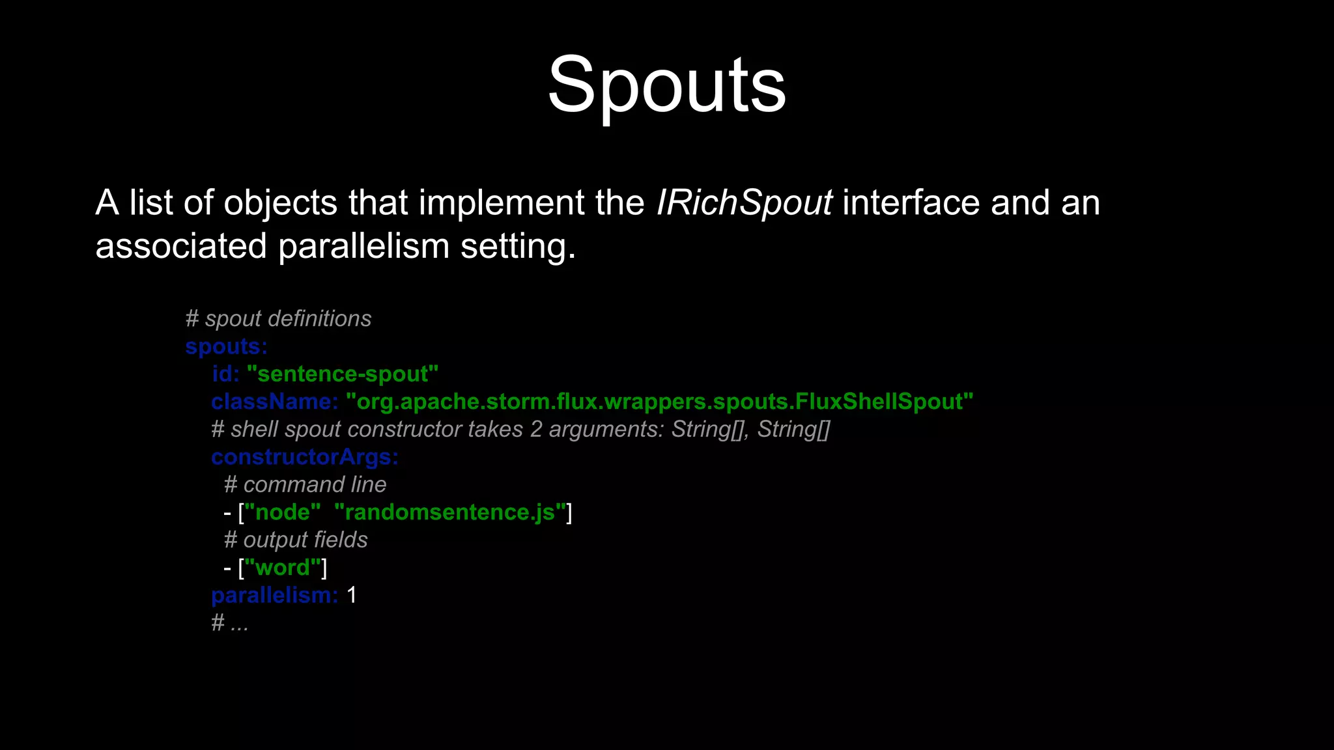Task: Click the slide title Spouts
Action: pyautogui.click(x=666, y=85)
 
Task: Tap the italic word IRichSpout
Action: pyautogui.click(x=743, y=202)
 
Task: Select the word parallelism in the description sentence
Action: pyautogui.click(x=363, y=246)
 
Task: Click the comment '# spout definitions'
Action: pyautogui.click(x=278, y=319)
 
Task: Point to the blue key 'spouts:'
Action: pyautogui.click(x=226, y=346)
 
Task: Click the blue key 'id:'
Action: pyautogui.click(x=225, y=374)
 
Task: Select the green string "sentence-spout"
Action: pyautogui.click(x=342, y=374)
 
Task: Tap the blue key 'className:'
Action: pyautogui.click(x=274, y=402)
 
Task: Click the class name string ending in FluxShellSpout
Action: pyautogui.click(x=659, y=402)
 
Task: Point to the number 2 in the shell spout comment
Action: pyautogui.click(x=535, y=430)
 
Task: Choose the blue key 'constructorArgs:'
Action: pyautogui.click(x=304, y=457)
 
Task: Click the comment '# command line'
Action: pyautogui.click(x=305, y=485)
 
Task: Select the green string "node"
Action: pyautogui.click(x=282, y=512)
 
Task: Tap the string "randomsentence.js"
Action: pyautogui.click(x=449, y=512)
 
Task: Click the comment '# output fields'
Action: pyautogui.click(x=296, y=540)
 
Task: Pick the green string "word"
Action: pyautogui.click(x=282, y=568)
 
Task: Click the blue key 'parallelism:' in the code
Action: pyautogui.click(x=274, y=595)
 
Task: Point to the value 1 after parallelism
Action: pyautogui.click(x=352, y=595)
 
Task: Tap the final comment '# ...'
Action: pyautogui.click(x=230, y=623)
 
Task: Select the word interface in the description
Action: pyautogui.click(x=911, y=202)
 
